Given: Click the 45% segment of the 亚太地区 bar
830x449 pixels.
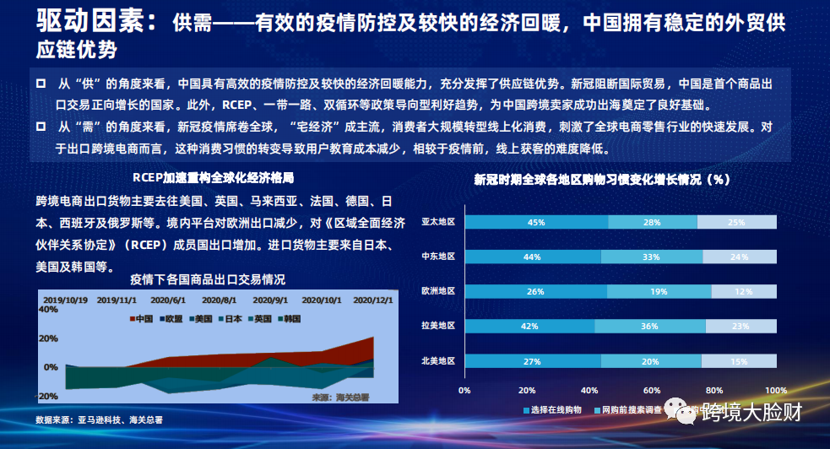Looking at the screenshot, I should [535, 222].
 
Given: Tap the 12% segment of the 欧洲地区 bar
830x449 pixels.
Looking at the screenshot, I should [743, 291].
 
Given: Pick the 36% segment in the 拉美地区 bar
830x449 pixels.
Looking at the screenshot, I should [649, 326].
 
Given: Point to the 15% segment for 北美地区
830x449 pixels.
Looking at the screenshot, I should [738, 360].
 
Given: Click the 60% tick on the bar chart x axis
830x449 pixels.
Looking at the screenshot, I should [651, 390].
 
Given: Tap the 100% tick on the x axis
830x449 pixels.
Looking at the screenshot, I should [775, 390].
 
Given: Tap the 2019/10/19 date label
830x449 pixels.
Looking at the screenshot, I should [65, 299].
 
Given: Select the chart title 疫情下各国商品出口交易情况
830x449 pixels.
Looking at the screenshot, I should [208, 279].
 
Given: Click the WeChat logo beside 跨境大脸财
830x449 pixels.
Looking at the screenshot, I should [682, 411].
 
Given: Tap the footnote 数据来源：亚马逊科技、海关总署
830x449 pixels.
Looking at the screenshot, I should [99, 419].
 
